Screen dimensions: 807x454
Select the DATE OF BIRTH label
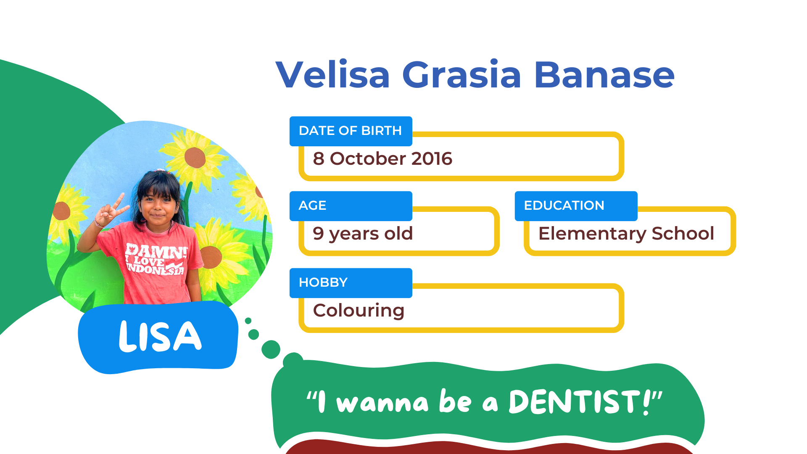(351, 131)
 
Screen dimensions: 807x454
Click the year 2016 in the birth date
(432, 158)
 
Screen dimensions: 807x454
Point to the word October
(368, 158)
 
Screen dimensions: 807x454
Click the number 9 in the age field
(318, 233)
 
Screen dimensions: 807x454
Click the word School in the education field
(683, 233)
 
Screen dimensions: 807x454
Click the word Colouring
(359, 311)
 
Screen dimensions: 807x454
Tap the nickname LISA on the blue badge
(160, 336)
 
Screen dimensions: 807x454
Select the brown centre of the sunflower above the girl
(195, 158)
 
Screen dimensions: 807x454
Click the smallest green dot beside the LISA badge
(248, 321)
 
